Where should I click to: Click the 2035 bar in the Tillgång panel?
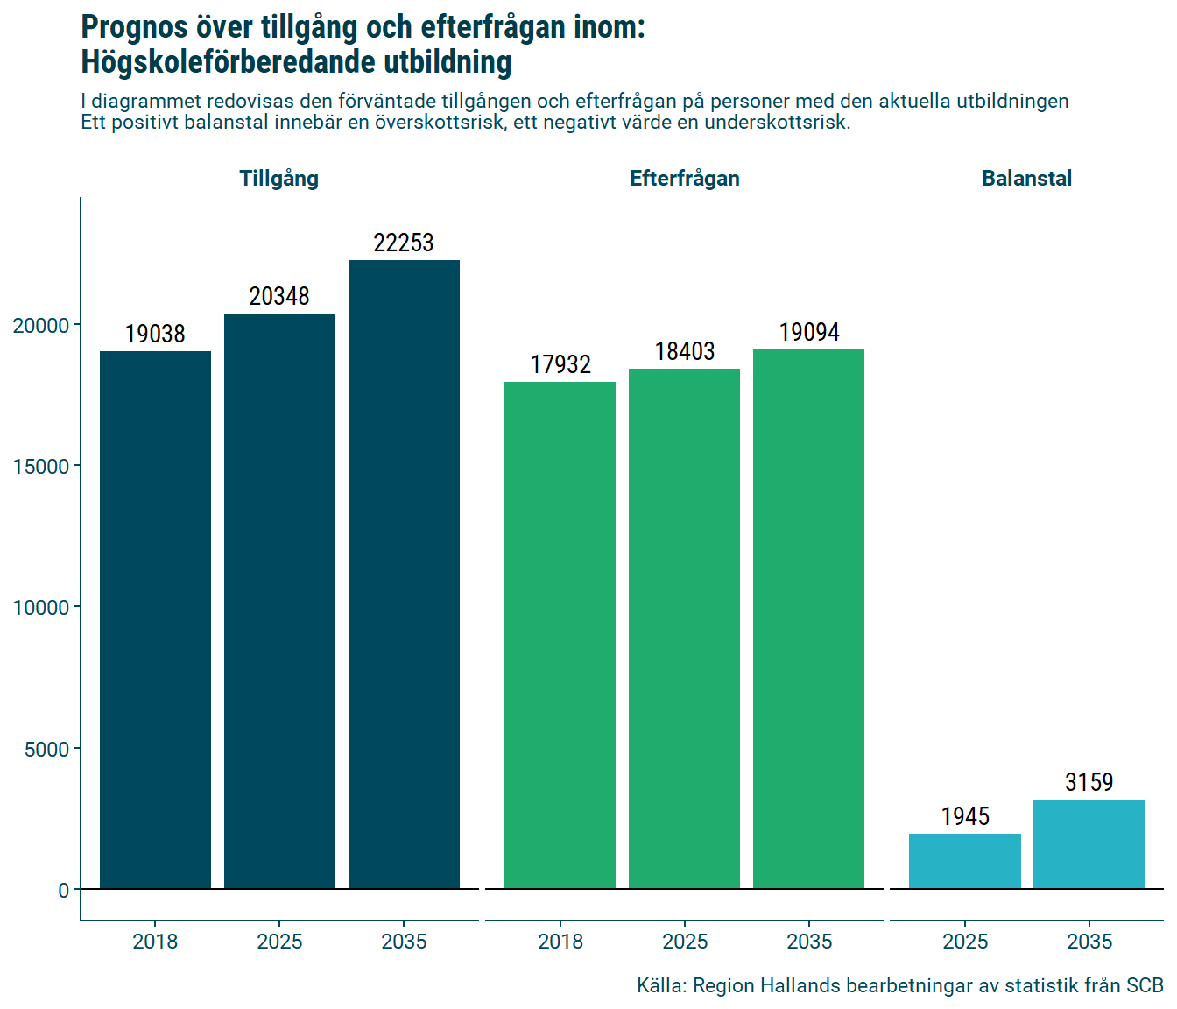coord(404,575)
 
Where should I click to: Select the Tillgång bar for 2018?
coord(155,620)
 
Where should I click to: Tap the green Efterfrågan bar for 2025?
coord(684,629)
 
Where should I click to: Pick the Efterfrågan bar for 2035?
coord(808,619)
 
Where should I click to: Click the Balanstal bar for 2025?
coord(964,862)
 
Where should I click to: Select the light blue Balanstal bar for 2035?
coord(1089,844)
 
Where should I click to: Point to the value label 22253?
coord(404,243)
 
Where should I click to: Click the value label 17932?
coord(560,364)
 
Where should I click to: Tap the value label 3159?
coord(1089,782)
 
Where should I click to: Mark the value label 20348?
coord(279,296)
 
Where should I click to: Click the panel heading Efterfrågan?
coord(685,179)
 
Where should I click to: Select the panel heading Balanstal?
coord(1026,179)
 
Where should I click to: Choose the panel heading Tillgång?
coord(279,179)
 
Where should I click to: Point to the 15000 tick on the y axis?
coord(41,467)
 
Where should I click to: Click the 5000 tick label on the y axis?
coord(46,750)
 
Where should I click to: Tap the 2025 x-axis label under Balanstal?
coord(964,942)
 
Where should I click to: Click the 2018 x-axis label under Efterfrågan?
coord(560,942)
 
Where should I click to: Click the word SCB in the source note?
coord(1145,985)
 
